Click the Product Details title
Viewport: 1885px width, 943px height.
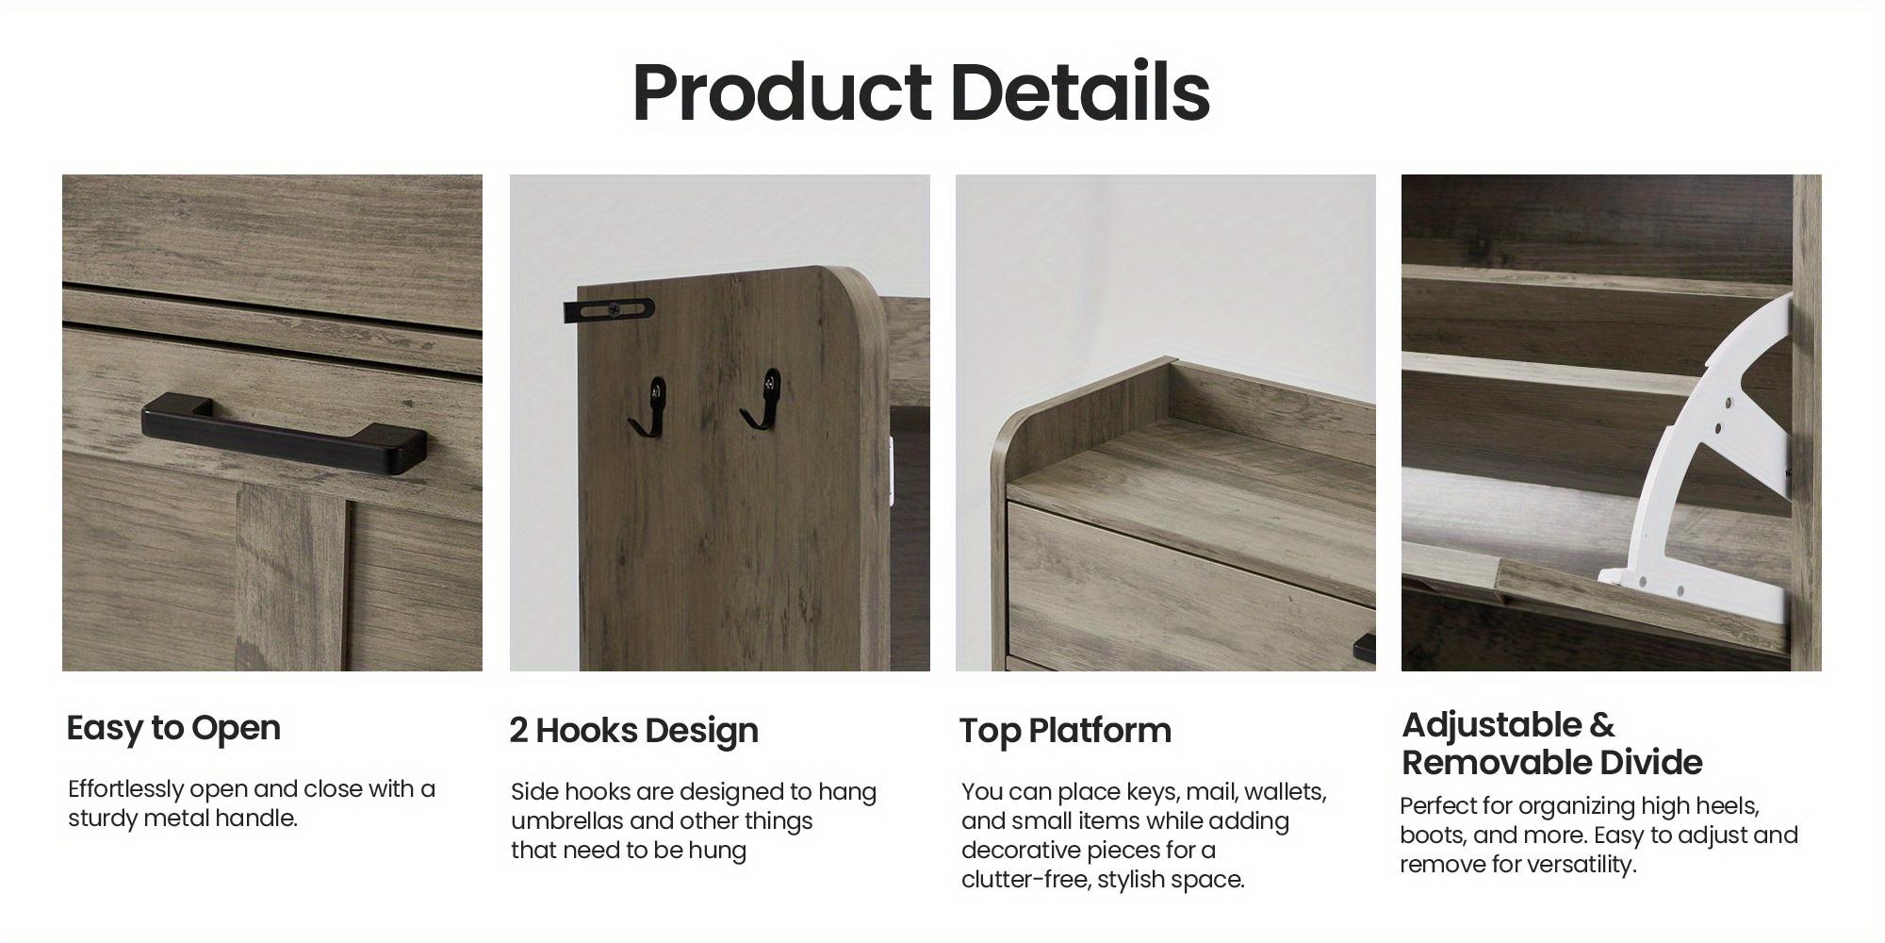921,92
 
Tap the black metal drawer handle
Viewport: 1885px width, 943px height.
283,435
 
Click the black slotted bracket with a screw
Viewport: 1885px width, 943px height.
609,308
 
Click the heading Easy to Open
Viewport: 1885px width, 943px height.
173,728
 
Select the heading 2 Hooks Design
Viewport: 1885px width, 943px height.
633,731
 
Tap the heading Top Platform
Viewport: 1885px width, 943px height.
1065,731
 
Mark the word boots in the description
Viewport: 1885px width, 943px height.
1433,835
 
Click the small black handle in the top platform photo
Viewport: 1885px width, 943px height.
1364,648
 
